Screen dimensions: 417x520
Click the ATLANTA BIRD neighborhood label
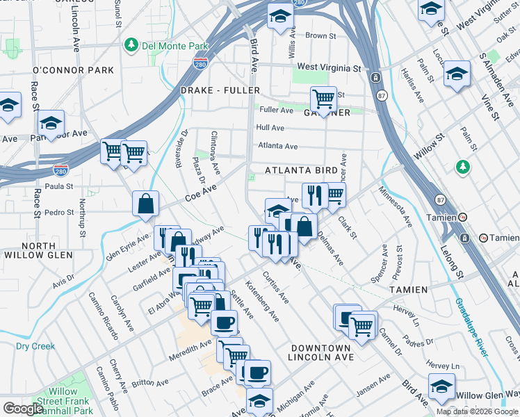coord(301,170)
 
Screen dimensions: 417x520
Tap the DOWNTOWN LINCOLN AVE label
coord(320,352)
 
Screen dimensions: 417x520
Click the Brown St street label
coord(320,35)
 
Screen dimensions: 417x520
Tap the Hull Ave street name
coord(270,128)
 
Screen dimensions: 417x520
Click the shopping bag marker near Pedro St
coord(145,204)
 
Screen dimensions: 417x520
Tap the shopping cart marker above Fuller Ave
coord(323,99)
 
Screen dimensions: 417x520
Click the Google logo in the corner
coord(23,409)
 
